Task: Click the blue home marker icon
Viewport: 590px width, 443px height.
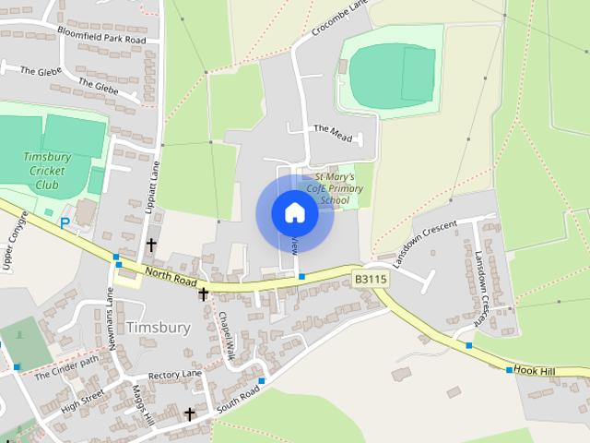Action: (295, 213)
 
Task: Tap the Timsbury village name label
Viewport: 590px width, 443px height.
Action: (158, 328)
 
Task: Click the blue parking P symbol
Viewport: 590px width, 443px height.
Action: (65, 222)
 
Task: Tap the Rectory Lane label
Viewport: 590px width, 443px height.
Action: (175, 374)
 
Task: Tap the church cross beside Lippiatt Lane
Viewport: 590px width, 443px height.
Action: (151, 245)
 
